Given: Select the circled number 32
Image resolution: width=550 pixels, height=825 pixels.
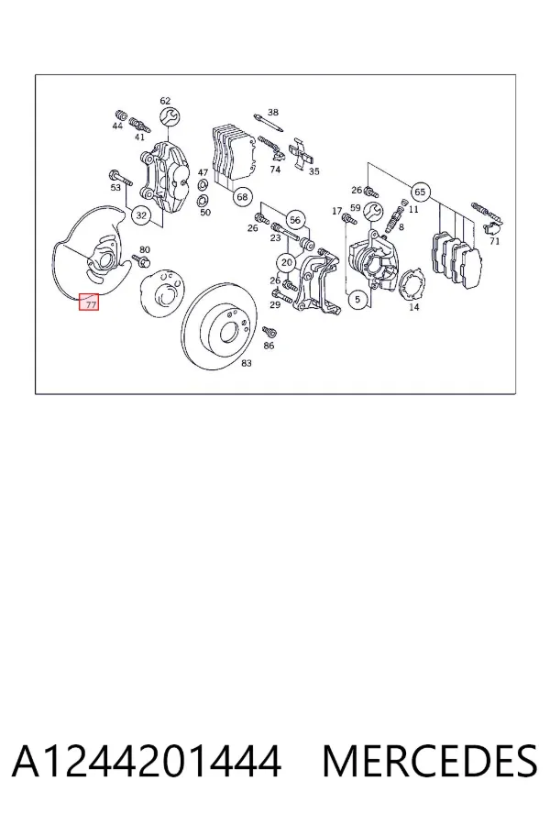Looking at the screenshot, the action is (141, 215).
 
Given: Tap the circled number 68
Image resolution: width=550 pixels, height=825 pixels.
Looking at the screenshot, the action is (242, 197).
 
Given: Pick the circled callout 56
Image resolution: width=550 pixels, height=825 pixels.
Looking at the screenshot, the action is (295, 219).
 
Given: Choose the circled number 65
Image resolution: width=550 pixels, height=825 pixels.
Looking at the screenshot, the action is (420, 192).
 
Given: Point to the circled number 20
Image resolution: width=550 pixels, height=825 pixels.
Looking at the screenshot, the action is (287, 262).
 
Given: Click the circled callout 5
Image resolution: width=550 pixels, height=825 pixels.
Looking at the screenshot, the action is (357, 300).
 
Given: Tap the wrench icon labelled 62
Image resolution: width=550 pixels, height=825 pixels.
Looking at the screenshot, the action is (170, 116).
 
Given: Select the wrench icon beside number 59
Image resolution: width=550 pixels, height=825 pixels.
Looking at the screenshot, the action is (374, 211).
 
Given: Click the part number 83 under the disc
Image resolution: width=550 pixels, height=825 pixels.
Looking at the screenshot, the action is (247, 363).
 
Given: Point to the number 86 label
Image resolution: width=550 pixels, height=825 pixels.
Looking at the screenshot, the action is (269, 346).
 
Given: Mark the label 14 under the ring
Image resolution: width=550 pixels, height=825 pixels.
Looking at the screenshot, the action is (414, 307).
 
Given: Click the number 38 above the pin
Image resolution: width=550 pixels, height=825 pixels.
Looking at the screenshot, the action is (272, 112).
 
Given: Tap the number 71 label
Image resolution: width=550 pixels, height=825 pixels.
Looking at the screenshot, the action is (494, 241).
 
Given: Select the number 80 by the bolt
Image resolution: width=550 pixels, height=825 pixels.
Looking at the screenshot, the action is (145, 250).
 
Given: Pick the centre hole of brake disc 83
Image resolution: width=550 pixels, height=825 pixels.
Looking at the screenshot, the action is (228, 331).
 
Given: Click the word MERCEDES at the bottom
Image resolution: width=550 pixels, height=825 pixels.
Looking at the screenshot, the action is (430, 761).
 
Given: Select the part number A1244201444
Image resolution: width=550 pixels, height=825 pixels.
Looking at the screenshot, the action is (147, 761).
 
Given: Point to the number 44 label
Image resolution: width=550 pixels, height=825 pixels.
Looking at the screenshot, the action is (117, 126).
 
